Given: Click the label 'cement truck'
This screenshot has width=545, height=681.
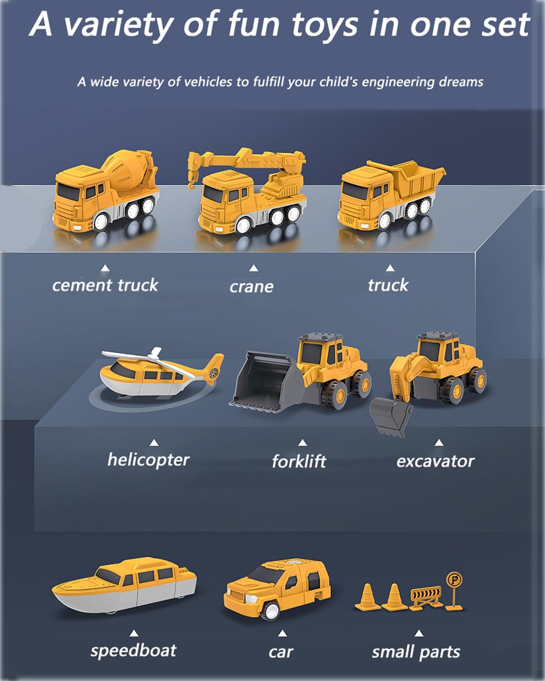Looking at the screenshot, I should click(x=105, y=285).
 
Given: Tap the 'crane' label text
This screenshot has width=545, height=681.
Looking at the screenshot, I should click(x=251, y=286).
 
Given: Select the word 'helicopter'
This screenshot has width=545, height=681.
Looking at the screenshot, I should click(x=148, y=459).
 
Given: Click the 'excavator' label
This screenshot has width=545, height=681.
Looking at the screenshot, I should click(x=435, y=461).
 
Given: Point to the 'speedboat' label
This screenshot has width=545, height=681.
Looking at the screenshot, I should click(x=133, y=651).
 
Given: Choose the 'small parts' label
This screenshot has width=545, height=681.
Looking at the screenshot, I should click(x=416, y=652).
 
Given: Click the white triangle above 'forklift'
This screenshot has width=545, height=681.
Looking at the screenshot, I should click(x=302, y=443).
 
